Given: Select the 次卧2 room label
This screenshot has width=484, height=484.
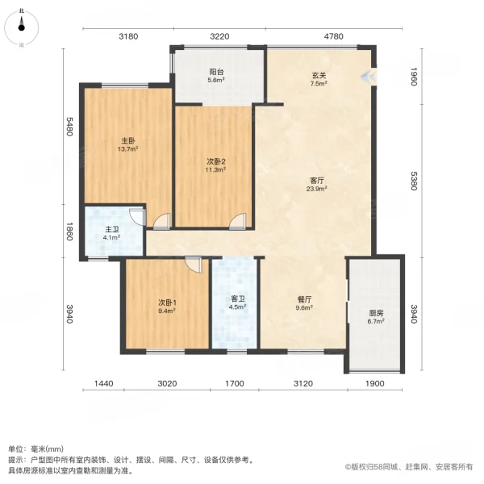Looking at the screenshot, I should click(215, 161).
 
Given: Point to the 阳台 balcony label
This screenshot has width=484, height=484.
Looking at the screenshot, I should click(215, 70).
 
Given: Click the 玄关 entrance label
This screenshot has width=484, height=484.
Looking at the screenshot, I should click(319, 75).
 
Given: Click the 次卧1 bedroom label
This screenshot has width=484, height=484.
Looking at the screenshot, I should click(167, 302).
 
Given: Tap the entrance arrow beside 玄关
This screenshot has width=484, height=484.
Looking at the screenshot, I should click(368, 77).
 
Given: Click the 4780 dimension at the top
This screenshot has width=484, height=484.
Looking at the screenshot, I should click(333, 36).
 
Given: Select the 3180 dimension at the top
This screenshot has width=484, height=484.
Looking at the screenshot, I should click(129, 36).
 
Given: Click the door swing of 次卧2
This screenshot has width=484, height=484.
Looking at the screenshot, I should click(238, 221).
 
